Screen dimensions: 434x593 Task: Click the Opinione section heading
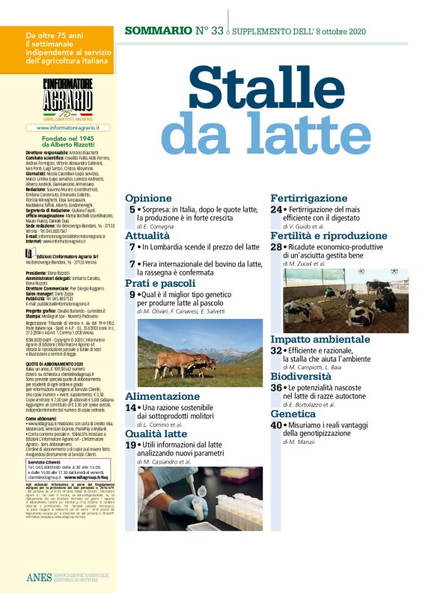[149, 198]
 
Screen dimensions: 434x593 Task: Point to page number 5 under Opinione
[132, 210]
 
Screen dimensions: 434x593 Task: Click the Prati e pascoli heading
[160, 284]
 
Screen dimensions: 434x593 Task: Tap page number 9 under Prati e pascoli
[132, 296]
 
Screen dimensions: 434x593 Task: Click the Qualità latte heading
[156, 433]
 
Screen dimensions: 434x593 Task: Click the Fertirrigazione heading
[309, 198]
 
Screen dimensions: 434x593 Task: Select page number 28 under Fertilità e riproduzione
[276, 247]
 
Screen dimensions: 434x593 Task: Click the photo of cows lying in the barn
[340, 300]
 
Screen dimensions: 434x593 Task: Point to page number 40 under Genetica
[277, 425]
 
